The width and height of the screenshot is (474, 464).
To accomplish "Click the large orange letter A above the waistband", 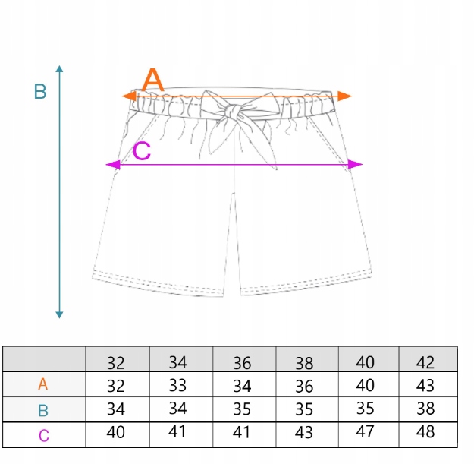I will pyautogui.click(x=153, y=79).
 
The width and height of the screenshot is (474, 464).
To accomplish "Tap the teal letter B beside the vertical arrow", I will pyautogui.click(x=41, y=93).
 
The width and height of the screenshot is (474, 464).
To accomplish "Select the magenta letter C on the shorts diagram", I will pyautogui.click(x=142, y=152).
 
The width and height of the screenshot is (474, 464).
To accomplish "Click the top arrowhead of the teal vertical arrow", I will pyautogui.click(x=59, y=70).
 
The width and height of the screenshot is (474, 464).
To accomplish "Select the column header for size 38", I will pyautogui.click(x=303, y=361).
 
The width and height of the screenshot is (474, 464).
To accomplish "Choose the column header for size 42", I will pyautogui.click(x=426, y=361).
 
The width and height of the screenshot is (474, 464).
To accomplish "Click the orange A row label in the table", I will pyautogui.click(x=43, y=385).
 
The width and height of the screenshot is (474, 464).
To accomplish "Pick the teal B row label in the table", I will pyautogui.click(x=43, y=411).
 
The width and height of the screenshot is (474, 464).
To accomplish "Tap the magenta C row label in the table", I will pyautogui.click(x=43, y=436).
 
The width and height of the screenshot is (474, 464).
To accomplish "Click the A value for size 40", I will pyautogui.click(x=366, y=385).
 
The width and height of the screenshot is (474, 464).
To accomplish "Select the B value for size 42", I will pyautogui.click(x=426, y=409).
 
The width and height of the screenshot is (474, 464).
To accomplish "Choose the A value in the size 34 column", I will pyautogui.click(x=177, y=385).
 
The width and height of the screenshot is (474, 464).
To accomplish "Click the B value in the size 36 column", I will pyautogui.click(x=242, y=409).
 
